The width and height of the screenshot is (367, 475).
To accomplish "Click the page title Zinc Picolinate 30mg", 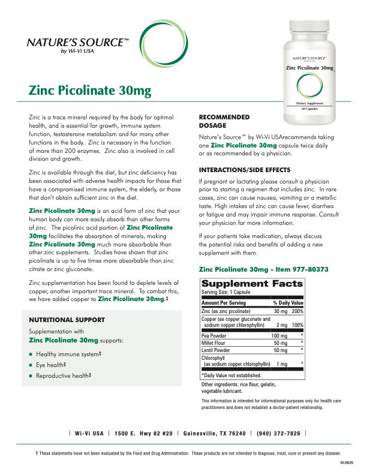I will point(89,91).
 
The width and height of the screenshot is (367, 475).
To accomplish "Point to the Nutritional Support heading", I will point(67,320).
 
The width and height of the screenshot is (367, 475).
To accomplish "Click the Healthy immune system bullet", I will point(68,354).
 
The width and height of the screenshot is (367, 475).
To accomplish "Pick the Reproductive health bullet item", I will point(64,375).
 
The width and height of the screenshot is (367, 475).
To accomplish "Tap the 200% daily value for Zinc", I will point(297,312).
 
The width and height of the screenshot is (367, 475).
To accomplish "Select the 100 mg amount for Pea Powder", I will point(279,336).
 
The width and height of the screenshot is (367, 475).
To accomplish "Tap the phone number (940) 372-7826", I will point(279,433).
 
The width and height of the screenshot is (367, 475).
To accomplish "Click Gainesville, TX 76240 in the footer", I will point(214,433).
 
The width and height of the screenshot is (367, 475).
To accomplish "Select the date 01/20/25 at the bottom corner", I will point(349,464).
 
